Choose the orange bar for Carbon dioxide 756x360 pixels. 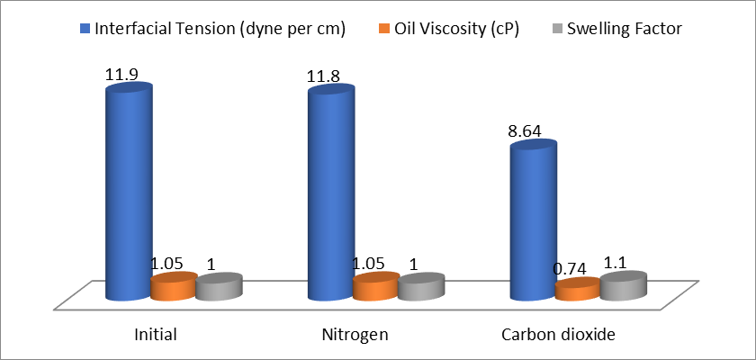pos(577,290)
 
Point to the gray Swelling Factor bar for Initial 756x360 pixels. pos(219,287)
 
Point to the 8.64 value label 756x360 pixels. pos(526,131)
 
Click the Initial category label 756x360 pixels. pos(154,335)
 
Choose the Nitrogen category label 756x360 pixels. pos(355,335)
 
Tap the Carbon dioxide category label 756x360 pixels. pos(557,335)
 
